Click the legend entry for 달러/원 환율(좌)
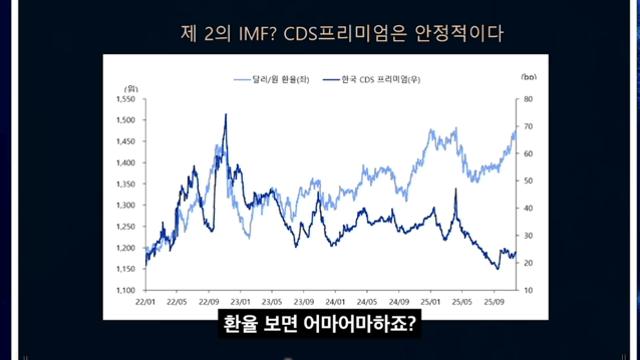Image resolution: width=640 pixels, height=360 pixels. pyautogui.click(x=272, y=77)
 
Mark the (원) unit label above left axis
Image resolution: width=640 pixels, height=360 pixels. pyautogui.click(x=131, y=87)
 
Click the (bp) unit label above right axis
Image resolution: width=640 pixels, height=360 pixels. pyautogui.click(x=528, y=76)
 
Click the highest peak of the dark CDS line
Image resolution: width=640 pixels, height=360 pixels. pyautogui.click(x=225, y=115)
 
